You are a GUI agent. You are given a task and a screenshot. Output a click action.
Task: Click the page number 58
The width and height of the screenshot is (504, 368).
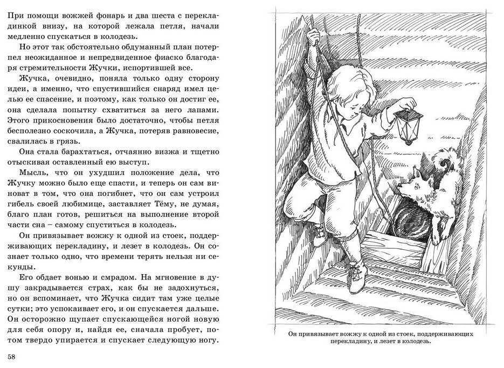tap(11, 357)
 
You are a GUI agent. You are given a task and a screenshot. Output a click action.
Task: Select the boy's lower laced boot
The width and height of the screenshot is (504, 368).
tap(356, 275)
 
